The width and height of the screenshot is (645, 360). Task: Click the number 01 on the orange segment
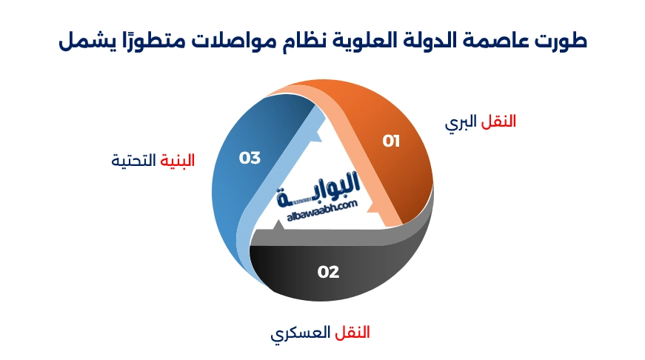tap(391, 141)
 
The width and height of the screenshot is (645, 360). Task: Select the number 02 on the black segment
tap(328, 272)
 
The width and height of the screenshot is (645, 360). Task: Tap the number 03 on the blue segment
tap(250, 157)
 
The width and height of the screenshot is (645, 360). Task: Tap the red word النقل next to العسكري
tap(348, 332)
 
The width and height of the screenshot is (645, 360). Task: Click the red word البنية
tap(178, 160)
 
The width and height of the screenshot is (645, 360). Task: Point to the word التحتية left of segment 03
tap(134, 160)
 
